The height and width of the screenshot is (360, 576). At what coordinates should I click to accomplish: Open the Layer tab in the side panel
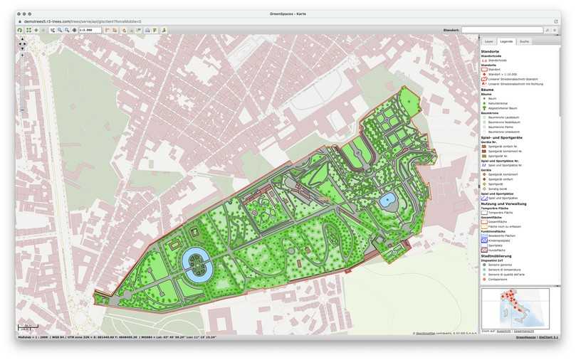click(x=489, y=42)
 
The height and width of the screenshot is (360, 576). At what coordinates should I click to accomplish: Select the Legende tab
click(x=506, y=42)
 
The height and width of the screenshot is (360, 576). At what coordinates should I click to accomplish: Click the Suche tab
click(x=524, y=42)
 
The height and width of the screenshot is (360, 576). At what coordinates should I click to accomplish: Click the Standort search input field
click(x=501, y=30)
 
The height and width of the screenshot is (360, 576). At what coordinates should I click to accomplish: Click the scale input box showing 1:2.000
click(x=89, y=30)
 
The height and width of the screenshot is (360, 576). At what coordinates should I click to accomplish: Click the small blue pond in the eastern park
click(x=388, y=200)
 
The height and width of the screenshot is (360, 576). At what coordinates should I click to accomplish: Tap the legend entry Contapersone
click(x=499, y=279)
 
